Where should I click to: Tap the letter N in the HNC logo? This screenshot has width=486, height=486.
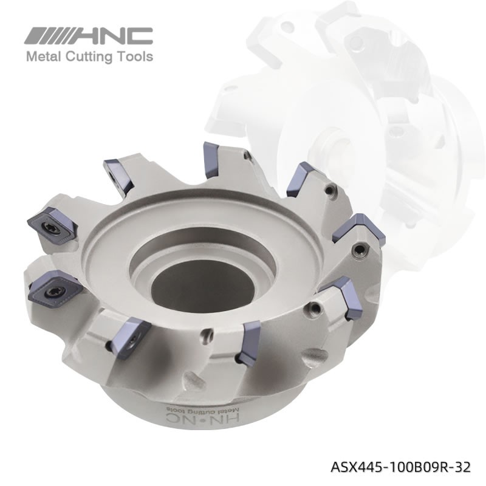[x=116, y=36]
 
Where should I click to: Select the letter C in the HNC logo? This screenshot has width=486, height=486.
[x=140, y=36]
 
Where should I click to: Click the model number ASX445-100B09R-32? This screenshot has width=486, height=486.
[x=400, y=467]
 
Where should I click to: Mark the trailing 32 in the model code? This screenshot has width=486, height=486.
[x=462, y=467]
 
